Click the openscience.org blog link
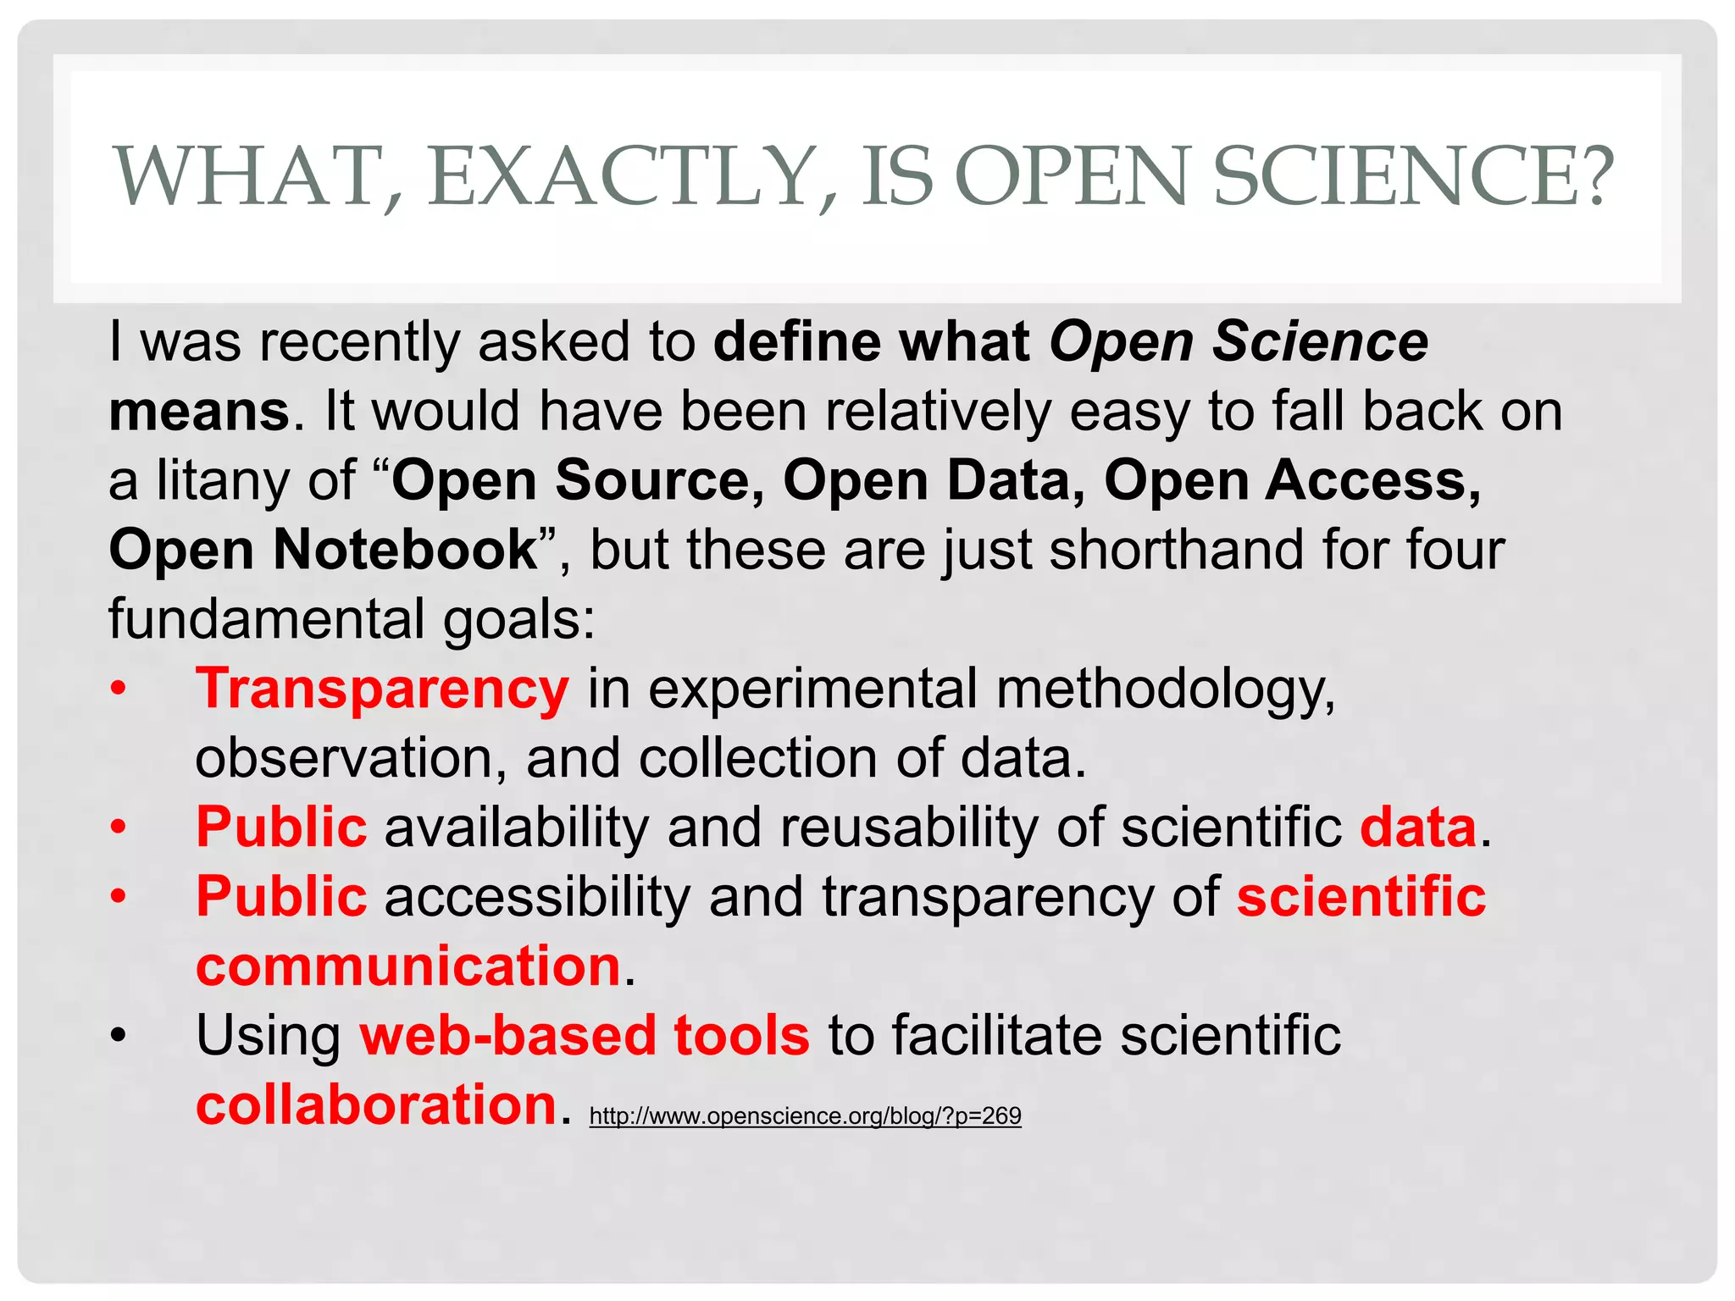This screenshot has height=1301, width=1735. (x=805, y=1116)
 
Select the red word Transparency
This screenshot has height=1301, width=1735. (x=382, y=688)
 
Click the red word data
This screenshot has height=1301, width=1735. (x=1418, y=827)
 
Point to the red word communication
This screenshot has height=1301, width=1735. (x=408, y=966)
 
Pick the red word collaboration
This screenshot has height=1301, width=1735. (x=375, y=1104)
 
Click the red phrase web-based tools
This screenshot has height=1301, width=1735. (x=585, y=1035)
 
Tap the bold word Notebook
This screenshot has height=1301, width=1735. (x=405, y=549)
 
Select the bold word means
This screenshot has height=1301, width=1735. (x=200, y=411)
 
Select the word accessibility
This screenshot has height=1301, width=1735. (x=537, y=896)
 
